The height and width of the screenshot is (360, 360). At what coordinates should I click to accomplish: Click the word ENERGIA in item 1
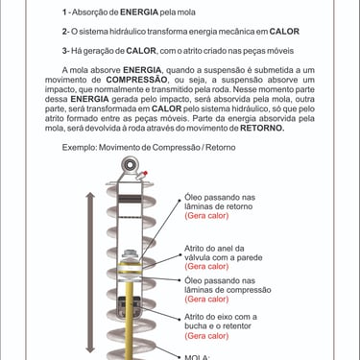pos(139,12)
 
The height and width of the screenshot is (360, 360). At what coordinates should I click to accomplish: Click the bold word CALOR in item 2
pos(284,32)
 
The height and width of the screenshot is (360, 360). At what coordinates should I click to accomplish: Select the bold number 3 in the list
pos(64,51)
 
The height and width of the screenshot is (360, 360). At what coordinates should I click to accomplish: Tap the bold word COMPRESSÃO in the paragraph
pos(136,80)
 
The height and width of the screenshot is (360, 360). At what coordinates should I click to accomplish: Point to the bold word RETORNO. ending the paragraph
pos(262,129)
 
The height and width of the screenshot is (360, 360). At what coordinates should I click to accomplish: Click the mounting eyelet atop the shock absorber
pos(130,165)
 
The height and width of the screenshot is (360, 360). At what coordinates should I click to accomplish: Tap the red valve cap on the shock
pos(145,173)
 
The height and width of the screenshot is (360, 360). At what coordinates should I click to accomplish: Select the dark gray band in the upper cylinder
pos(131,199)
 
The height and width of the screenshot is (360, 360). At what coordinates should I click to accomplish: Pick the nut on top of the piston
pos(130,253)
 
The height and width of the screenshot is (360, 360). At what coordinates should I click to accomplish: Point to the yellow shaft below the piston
pos(130,315)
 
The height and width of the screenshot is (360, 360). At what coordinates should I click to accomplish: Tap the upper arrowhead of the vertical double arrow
pos(91,195)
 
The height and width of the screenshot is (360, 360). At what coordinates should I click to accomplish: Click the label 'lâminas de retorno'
pos(219,206)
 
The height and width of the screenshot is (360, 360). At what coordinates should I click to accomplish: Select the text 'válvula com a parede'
pos(224,257)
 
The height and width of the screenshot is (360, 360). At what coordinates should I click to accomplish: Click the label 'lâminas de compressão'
pos(228,290)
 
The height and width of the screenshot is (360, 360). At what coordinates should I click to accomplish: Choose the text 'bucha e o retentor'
pos(218,326)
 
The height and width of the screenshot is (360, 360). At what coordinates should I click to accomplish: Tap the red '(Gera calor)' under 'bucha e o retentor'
pos(206,336)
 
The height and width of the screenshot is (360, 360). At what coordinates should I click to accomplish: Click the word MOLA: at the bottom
pos(197,357)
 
